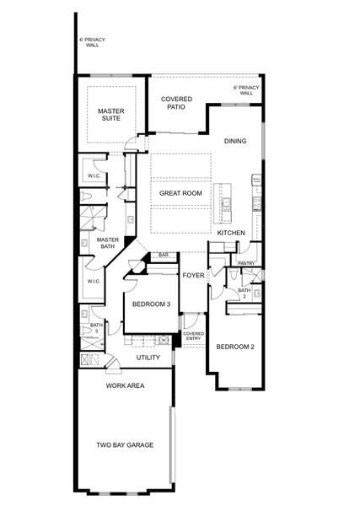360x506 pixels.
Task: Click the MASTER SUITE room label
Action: click(111, 114)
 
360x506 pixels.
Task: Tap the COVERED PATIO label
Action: click(176, 103)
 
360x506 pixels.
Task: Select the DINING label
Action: click(235, 141)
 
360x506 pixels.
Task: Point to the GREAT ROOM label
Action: click(181, 193)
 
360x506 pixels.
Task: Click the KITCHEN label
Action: click(231, 233)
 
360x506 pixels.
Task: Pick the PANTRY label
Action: click(246, 263)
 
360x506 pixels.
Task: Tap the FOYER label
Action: click(193, 274)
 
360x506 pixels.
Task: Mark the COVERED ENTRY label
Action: click(193, 336)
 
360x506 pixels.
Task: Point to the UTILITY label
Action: click(148, 358)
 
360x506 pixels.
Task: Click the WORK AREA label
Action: click(125, 385)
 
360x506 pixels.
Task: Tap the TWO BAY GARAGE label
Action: click(125, 444)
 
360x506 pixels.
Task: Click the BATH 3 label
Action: click(96, 328)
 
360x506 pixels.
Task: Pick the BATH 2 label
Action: click(244, 293)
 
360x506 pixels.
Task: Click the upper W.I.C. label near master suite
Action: click(94, 175)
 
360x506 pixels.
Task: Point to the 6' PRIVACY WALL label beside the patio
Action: click(245, 90)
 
